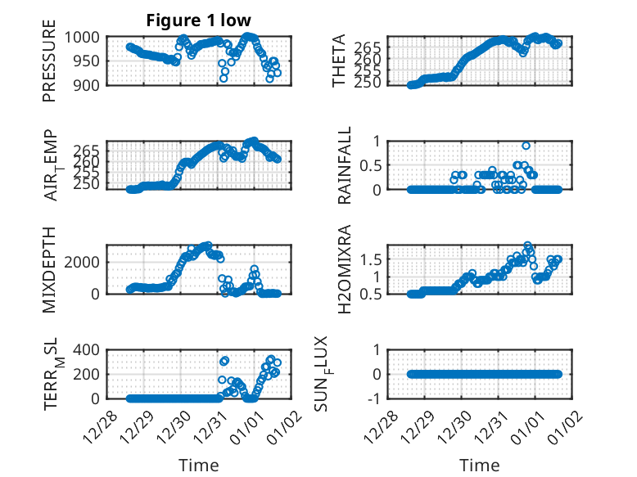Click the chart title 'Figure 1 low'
coord(198,20)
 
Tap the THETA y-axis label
coord(339,61)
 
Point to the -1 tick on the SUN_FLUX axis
coord(376,398)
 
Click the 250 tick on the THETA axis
coord(370,83)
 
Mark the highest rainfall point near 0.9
coord(526,146)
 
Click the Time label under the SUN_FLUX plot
coord(480,466)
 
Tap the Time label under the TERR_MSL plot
coord(198,466)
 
